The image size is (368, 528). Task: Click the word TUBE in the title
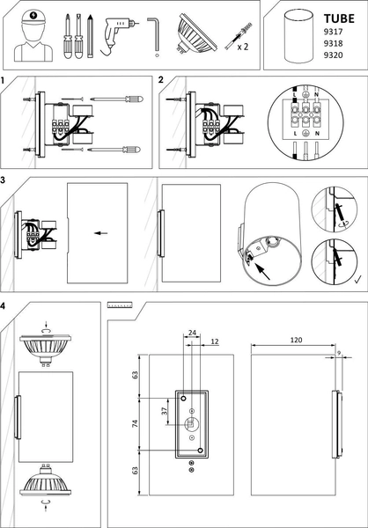tap(339, 18)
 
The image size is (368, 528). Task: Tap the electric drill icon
tap(119, 36)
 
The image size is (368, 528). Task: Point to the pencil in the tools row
tap(90, 36)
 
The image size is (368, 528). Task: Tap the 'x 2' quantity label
tap(243, 47)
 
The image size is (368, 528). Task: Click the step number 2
tap(161, 80)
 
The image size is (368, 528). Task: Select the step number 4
tap(3, 306)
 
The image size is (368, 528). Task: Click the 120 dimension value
tap(296, 340)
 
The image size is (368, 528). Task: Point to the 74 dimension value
tap(135, 424)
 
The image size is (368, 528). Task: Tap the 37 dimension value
tap(165, 411)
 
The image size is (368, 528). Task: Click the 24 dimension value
tap(192, 333)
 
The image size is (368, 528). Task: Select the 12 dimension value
tap(215, 341)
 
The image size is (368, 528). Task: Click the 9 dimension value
tap(339, 352)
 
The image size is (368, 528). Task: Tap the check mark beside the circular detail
tap(358, 279)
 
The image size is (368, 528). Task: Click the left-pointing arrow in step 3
tap(100, 233)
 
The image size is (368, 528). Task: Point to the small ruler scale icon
tap(120, 305)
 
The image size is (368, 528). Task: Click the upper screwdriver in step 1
tap(116, 99)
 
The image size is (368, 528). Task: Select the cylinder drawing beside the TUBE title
tap(298, 36)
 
